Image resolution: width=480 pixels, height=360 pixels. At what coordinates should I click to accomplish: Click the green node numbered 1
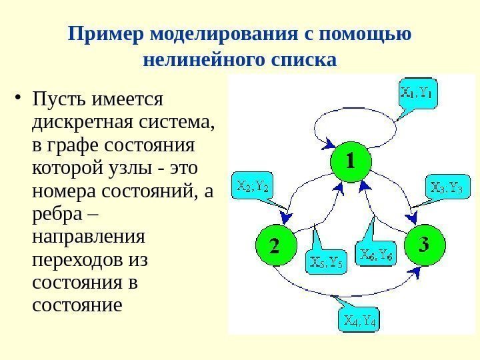pyautogui.click(x=351, y=161)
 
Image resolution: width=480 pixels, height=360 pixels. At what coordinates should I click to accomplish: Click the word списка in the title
pyautogui.click(x=304, y=61)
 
